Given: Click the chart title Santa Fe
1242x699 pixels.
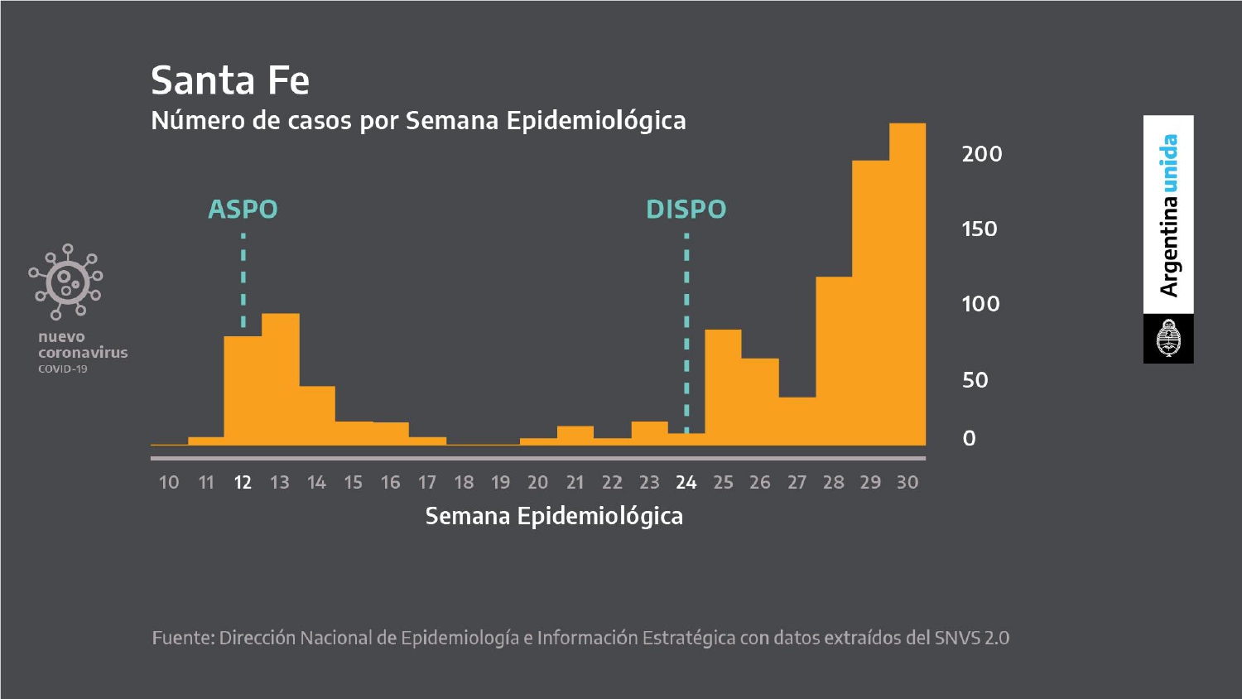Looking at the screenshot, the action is click(x=230, y=81).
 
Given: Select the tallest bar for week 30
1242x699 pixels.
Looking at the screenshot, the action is click(x=907, y=284).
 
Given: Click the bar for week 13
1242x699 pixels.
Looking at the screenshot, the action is click(x=281, y=379).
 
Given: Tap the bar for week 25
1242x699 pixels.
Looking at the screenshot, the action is click(x=723, y=388).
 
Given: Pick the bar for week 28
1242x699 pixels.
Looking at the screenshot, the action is click(x=834, y=360).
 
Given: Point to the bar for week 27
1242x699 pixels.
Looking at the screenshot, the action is click(x=797, y=421).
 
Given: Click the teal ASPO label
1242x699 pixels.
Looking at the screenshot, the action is click(x=243, y=210).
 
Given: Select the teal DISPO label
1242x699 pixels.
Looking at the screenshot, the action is click(x=686, y=210).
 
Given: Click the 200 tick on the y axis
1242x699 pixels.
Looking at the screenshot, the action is click(x=982, y=154).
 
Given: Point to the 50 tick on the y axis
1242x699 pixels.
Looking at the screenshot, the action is click(x=975, y=381).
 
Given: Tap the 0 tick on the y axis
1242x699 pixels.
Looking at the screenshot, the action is click(x=969, y=438).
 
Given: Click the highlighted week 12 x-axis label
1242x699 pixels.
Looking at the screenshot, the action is click(x=243, y=483).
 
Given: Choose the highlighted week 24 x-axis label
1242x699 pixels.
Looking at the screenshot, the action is click(x=686, y=483).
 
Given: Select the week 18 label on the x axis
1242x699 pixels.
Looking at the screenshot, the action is click(x=464, y=483).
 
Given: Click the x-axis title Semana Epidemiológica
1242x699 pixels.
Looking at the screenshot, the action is click(x=554, y=517).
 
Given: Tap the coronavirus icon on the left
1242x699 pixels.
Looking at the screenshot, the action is click(x=66, y=282).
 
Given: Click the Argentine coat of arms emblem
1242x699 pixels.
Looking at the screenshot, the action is click(x=1168, y=338).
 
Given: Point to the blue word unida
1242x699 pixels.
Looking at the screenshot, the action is click(x=1169, y=163).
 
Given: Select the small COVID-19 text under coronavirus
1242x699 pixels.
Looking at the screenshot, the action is click(x=63, y=369).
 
